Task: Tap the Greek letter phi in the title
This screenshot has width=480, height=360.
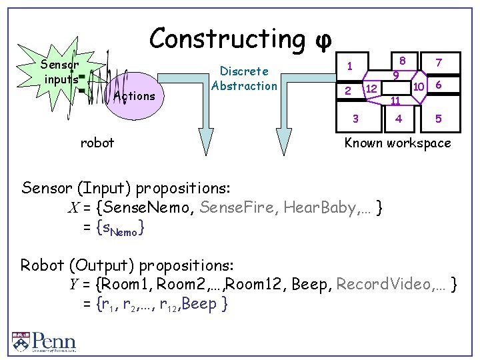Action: coord(322,40)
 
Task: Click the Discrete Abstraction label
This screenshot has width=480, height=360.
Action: coord(244,78)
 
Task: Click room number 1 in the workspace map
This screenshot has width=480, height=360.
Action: coord(348,65)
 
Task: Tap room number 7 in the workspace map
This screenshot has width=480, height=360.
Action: coord(438,63)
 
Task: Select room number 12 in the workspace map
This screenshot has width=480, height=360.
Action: coord(373,89)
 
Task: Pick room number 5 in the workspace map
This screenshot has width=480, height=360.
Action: coord(438,119)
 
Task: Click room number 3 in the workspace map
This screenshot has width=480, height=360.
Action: coord(355,119)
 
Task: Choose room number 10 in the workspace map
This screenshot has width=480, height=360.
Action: coord(418,87)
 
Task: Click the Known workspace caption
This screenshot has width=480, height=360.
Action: coord(397,143)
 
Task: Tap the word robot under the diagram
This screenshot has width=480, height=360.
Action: coord(97,142)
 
